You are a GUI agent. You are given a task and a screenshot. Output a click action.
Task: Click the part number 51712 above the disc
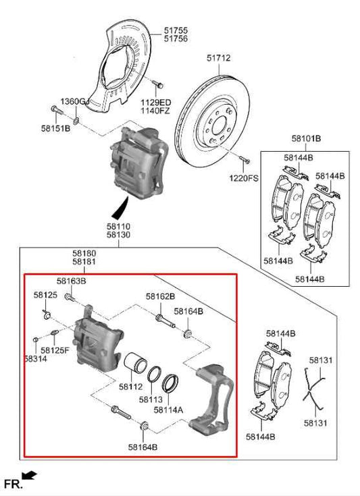click(x=218, y=59)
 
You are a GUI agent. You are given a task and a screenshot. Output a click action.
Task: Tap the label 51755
click(x=176, y=30)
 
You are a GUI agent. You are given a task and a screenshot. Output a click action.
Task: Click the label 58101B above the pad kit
click(x=306, y=139)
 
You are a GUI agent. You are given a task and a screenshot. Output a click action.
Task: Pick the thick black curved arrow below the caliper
click(x=122, y=204)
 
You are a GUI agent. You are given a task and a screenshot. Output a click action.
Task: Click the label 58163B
click(x=71, y=281)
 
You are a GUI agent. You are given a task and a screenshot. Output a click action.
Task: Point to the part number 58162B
click(x=160, y=296)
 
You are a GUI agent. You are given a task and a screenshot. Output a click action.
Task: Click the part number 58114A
click(x=168, y=409)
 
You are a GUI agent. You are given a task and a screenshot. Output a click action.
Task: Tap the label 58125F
click(x=55, y=350)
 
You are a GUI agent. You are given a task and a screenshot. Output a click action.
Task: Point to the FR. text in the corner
click(x=14, y=484)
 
